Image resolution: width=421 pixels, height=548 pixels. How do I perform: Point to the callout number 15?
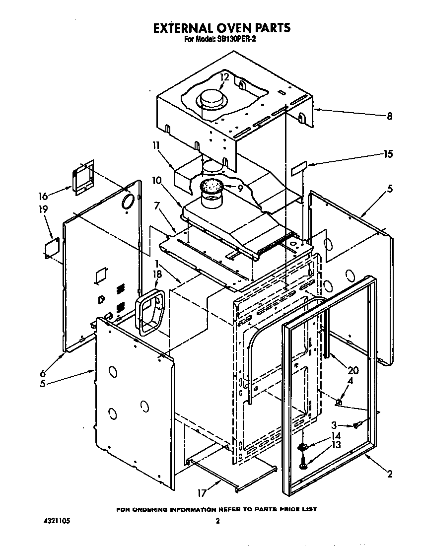point(388,154)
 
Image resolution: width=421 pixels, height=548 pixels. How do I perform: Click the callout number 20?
point(353,370)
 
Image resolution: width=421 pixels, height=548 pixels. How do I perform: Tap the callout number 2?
point(390,474)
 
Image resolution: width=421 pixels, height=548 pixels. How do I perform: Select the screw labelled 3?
point(356,425)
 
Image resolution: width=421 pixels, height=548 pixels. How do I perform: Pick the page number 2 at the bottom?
point(217,521)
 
